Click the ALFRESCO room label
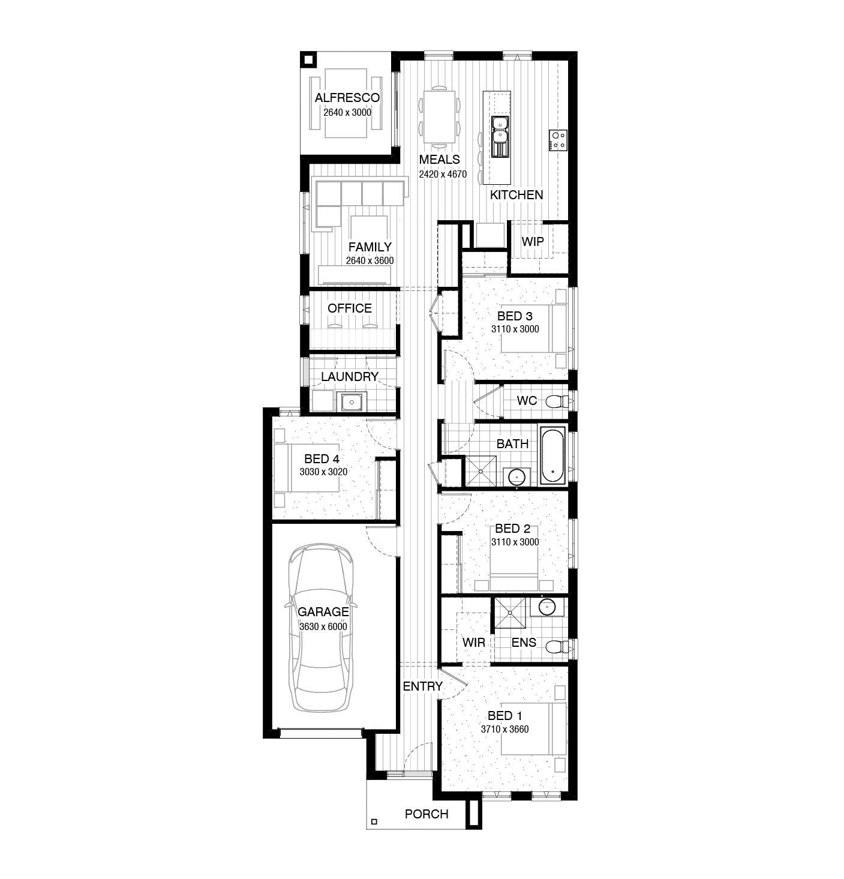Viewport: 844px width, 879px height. coord(347,98)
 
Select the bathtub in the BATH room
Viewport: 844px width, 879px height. coord(552,455)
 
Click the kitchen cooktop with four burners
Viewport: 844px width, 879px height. coord(558,140)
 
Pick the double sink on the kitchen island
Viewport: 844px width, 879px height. coord(500,129)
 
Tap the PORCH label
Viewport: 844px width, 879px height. coord(426,814)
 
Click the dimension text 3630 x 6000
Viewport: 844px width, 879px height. coord(323,626)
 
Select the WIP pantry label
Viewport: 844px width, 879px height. coord(533,242)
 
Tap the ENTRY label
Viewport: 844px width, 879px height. coord(422,686)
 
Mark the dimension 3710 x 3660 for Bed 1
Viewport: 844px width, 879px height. coord(504,729)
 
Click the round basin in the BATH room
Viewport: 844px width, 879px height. coord(516,476)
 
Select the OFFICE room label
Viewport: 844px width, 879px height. coord(350,308)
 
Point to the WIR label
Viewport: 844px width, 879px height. coord(474,642)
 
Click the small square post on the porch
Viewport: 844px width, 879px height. coord(374,821)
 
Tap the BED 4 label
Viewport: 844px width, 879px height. coord(322,459)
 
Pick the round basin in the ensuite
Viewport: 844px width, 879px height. coord(547,607)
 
